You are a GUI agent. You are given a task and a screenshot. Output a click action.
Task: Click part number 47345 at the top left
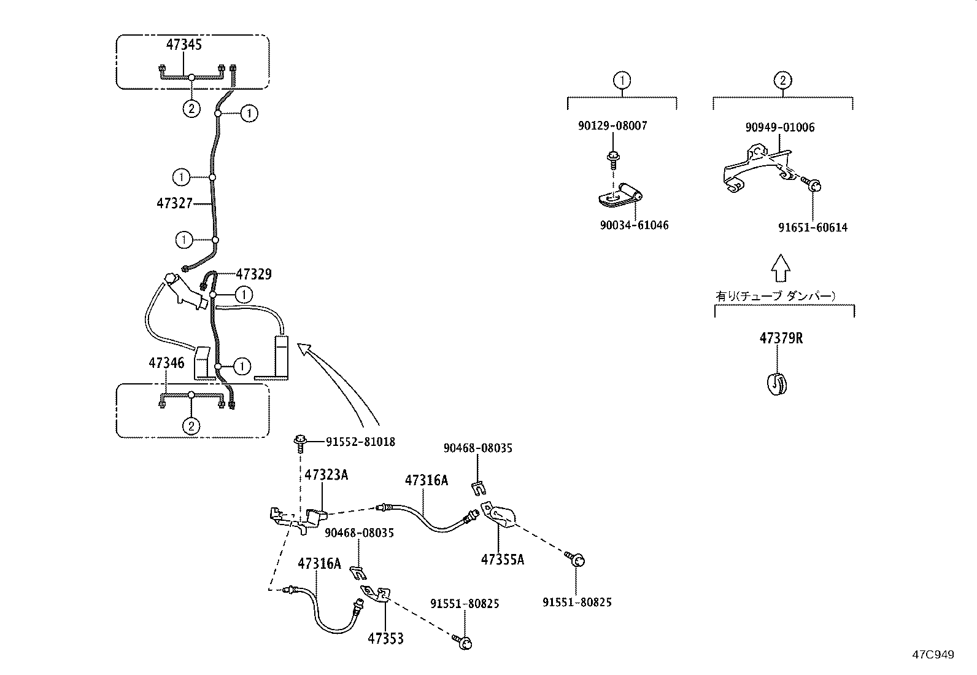pos(184,45)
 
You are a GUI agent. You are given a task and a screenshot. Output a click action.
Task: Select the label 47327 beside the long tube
pos(174,203)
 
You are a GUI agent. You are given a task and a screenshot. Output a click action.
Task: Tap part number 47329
pos(253,274)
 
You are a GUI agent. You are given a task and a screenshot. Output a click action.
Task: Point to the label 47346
pos(166,363)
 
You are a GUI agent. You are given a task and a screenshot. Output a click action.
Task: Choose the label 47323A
pos(326,475)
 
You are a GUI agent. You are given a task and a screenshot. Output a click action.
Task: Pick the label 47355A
pos(502,560)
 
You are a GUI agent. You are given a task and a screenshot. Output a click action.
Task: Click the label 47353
pos(386,639)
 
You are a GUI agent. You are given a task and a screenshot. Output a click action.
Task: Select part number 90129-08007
pos(612,126)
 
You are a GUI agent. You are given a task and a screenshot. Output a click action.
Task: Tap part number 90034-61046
pos(634,225)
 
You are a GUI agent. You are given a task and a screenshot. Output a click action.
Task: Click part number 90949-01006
pos(780,128)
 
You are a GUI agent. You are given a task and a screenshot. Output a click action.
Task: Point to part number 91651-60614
pos(813,228)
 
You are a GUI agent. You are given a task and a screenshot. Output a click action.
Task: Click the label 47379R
pos(781,338)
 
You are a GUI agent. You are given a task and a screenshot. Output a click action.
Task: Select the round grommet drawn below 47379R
pos(778,383)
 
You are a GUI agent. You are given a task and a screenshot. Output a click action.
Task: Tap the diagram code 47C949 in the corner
pos(932,655)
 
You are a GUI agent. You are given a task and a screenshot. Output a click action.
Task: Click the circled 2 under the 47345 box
pos(191,109)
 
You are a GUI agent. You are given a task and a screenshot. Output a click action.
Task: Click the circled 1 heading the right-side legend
pos(622,80)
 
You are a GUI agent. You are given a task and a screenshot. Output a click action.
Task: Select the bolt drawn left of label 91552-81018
pos(301,442)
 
